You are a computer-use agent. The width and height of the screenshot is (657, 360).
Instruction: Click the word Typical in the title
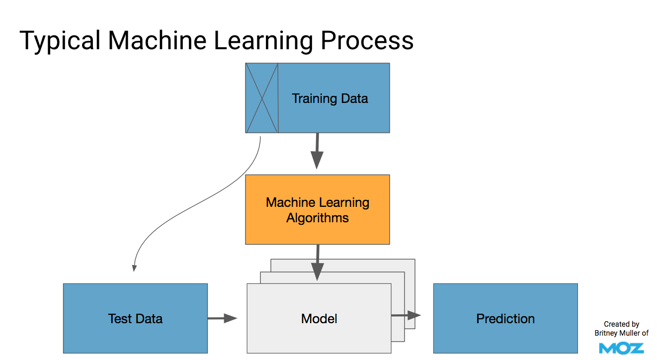(60, 41)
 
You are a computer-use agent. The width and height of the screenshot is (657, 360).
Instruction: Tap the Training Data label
(329, 98)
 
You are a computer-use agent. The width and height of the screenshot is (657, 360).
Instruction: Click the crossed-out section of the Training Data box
(262, 98)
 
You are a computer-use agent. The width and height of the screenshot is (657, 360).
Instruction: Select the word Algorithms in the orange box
(317, 218)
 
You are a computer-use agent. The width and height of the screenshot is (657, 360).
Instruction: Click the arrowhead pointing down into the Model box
(317, 272)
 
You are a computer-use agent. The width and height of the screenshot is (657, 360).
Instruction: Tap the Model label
(319, 319)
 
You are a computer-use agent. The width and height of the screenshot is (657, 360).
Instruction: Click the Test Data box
(135, 319)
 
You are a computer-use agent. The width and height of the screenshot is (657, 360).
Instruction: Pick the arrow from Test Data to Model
(222, 318)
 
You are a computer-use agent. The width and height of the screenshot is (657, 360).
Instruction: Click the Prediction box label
(505, 319)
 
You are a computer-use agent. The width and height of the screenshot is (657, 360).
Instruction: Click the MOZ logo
(621, 348)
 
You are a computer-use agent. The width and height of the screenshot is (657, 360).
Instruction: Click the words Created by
(621, 324)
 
